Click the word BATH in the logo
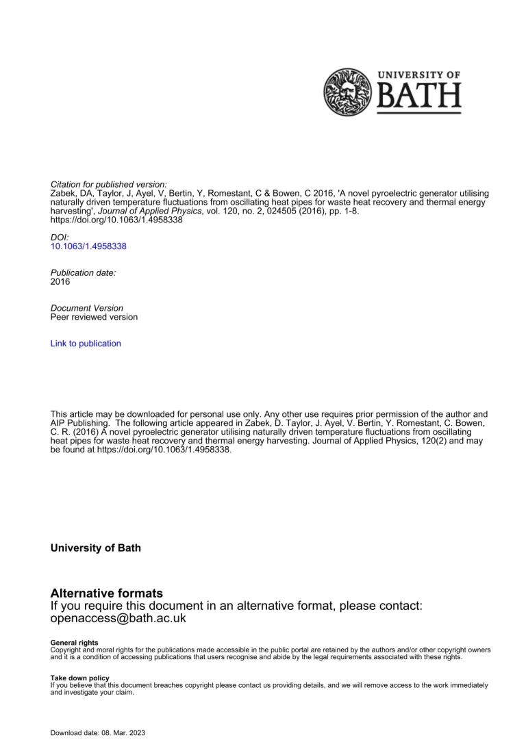419,98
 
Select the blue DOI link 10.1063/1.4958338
88,246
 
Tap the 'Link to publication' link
86,344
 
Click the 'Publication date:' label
84,272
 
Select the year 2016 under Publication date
60,281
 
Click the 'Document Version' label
87,308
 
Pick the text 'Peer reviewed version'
94,317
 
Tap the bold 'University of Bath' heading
96,548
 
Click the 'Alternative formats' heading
107,593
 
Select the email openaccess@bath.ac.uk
118,618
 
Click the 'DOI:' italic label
60,238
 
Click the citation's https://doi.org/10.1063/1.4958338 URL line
116,220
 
